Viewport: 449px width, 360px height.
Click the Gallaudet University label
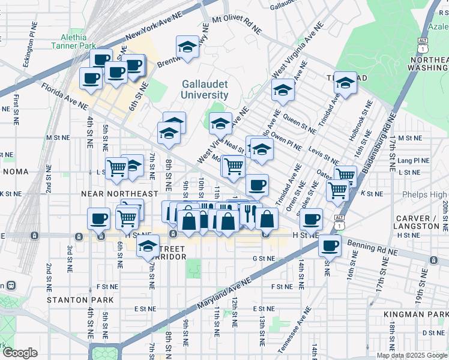click(x=205, y=89)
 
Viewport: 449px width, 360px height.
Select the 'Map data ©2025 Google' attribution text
click(x=411, y=355)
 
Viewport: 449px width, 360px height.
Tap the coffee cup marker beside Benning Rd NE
click(x=329, y=245)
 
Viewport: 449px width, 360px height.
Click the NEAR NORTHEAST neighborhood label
click(x=119, y=194)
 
